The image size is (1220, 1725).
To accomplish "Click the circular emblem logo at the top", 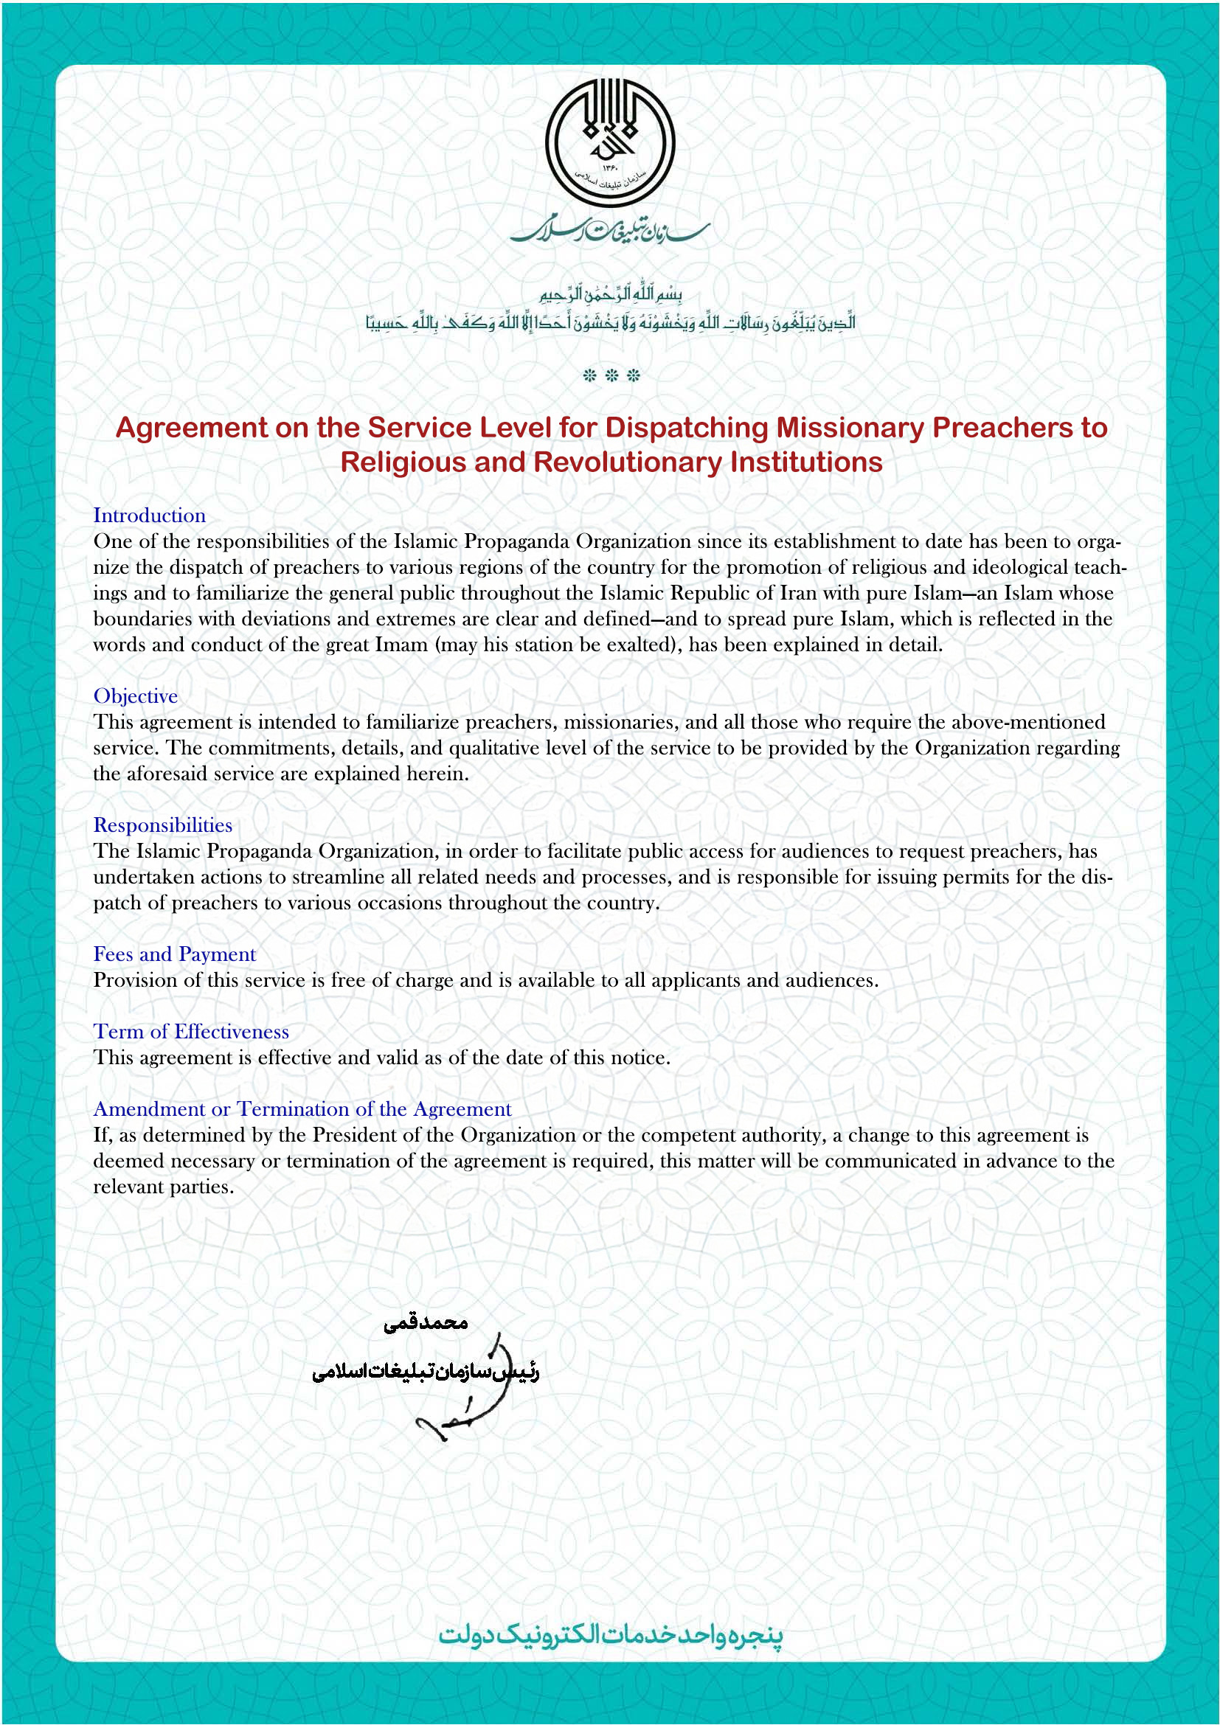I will pyautogui.click(x=609, y=143).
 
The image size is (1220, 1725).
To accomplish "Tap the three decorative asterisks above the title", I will pyautogui.click(x=611, y=375).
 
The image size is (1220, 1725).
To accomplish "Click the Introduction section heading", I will pyautogui.click(x=149, y=516).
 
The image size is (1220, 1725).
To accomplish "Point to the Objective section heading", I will pyautogui.click(x=135, y=695).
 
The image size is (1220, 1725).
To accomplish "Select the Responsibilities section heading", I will pyautogui.click(x=162, y=825).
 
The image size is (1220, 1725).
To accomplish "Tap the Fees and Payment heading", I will pyautogui.click(x=174, y=954).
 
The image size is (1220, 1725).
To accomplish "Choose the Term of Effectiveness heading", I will pyautogui.click(x=191, y=1032).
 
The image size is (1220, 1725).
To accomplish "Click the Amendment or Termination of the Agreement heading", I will pyautogui.click(x=302, y=1109).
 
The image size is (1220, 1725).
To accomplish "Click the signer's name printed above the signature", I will pyautogui.click(x=425, y=1323).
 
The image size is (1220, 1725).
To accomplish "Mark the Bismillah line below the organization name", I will pyautogui.click(x=610, y=294).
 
